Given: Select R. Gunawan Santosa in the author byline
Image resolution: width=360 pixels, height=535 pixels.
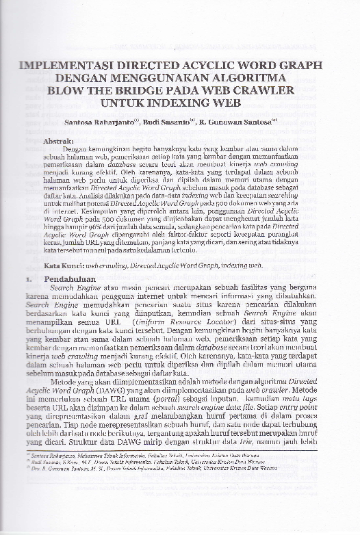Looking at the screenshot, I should [239, 124].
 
